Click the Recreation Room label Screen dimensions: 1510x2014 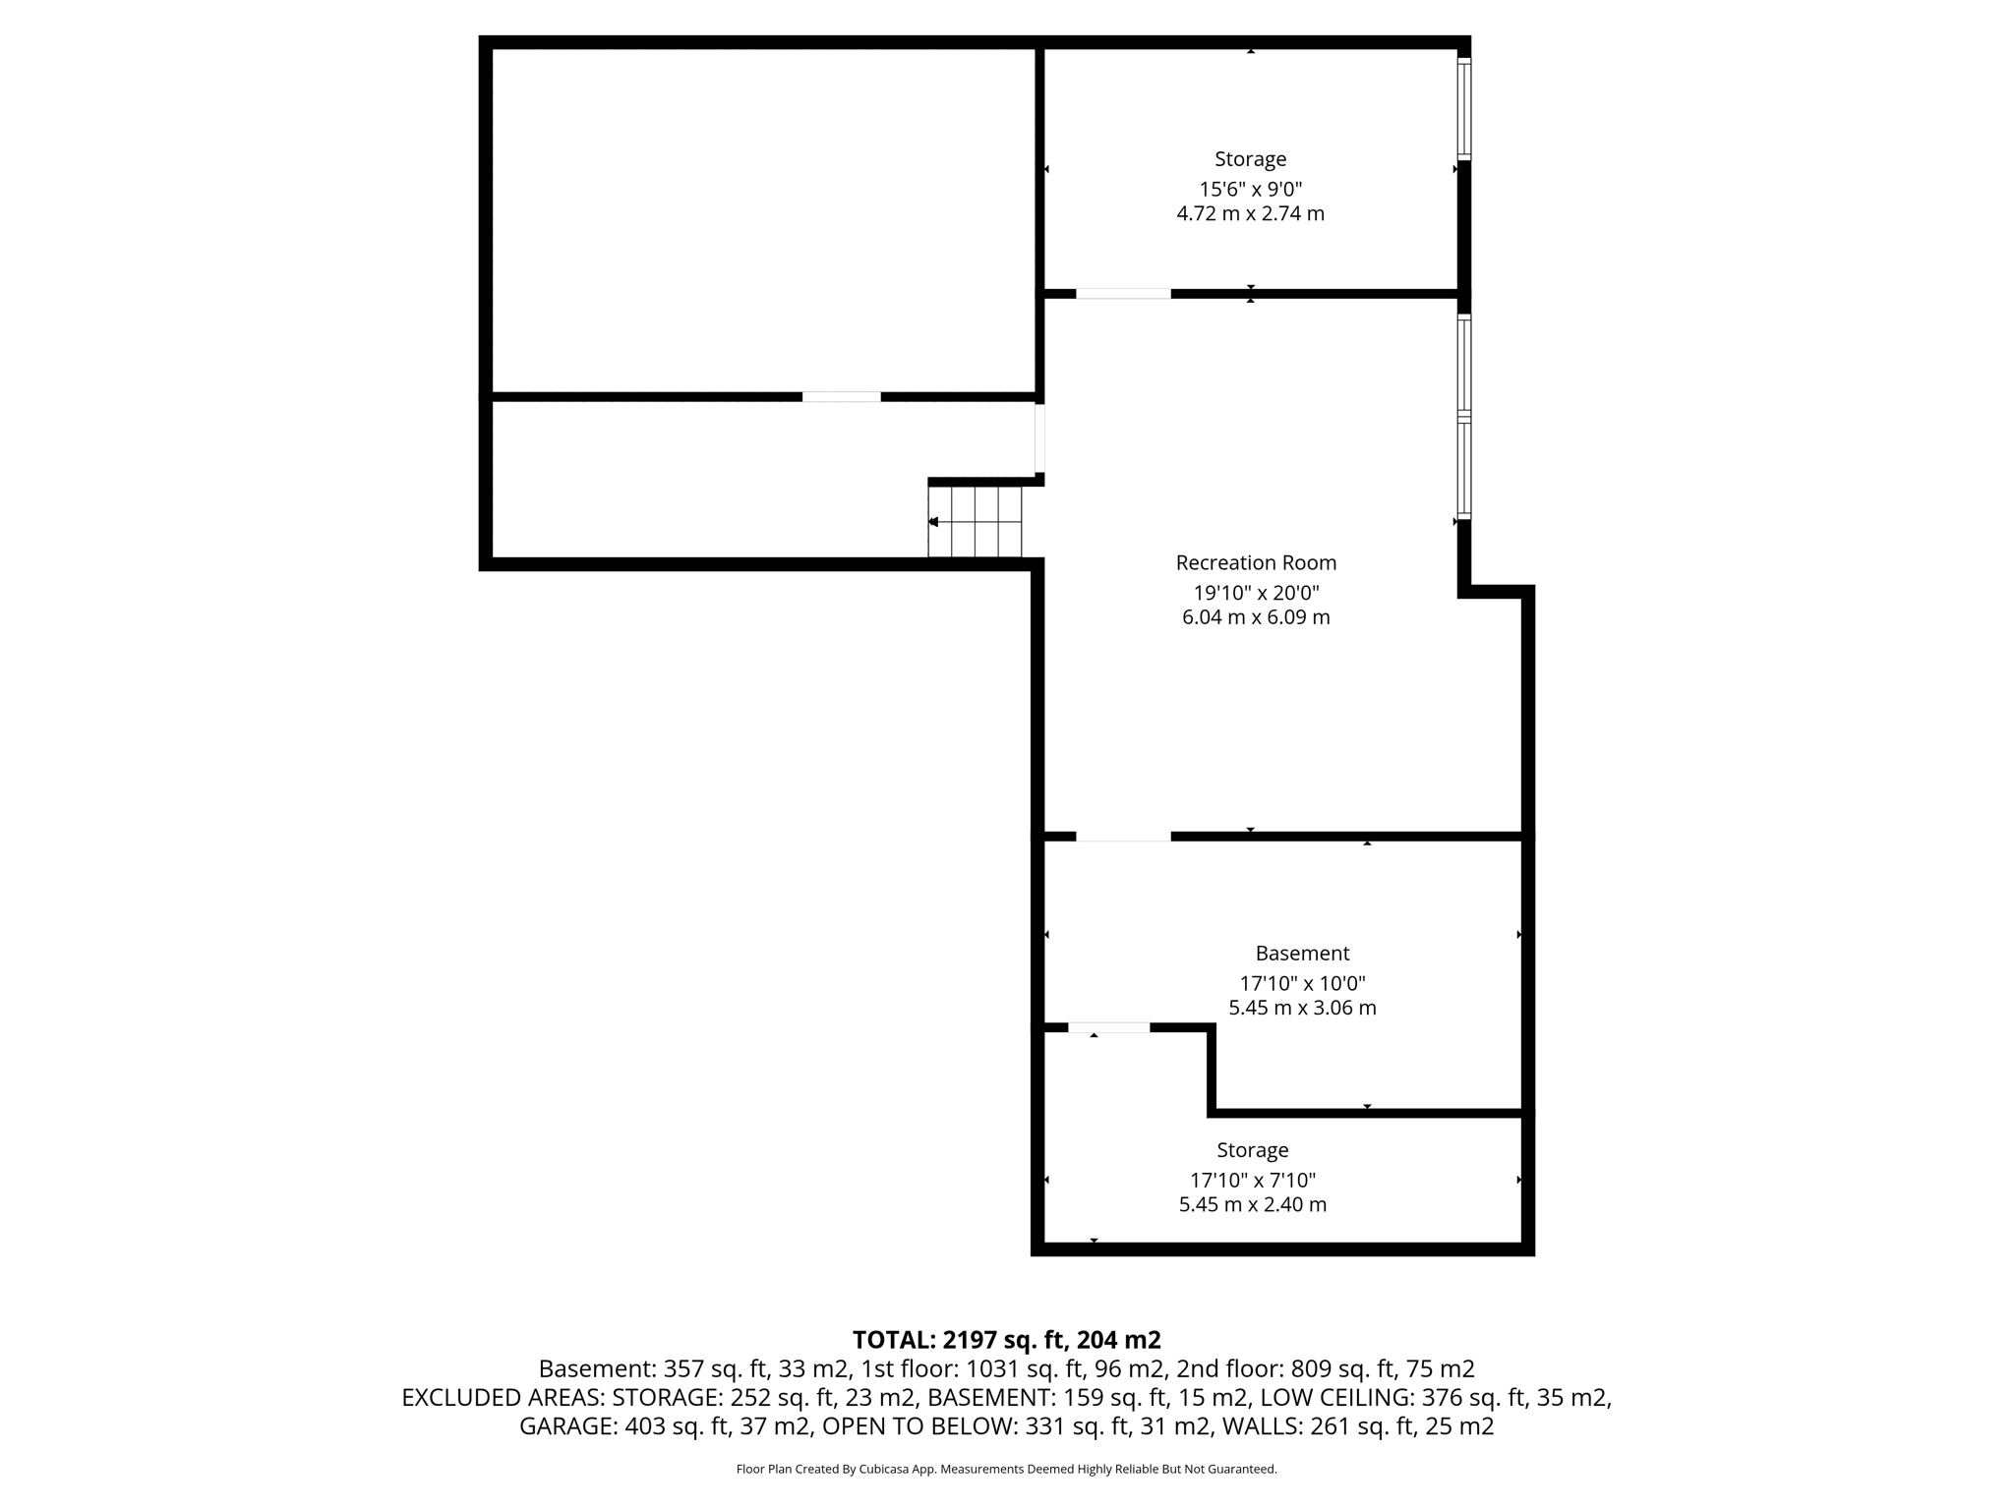click(x=1256, y=563)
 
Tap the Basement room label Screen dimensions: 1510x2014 click(x=1302, y=954)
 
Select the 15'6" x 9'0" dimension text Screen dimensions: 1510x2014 click(x=1250, y=189)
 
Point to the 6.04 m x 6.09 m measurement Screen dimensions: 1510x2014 click(x=1256, y=617)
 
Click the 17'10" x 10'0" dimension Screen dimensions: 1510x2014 click(x=1302, y=983)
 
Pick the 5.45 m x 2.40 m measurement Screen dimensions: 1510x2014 click(x=1252, y=1204)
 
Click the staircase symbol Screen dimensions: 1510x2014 click(x=976, y=522)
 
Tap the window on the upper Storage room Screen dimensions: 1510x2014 click(x=1463, y=109)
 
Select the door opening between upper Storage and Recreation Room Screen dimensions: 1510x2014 click(x=1123, y=294)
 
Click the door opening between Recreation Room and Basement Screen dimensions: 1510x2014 click(x=1123, y=837)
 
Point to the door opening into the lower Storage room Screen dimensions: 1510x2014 click(x=1108, y=1027)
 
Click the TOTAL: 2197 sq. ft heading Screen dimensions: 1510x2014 click(x=1006, y=1340)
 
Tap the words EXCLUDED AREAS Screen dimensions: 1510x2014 click(x=503, y=1398)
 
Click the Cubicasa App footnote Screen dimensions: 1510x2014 click(x=1006, y=1470)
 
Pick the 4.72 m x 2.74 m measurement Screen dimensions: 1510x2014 click(x=1250, y=213)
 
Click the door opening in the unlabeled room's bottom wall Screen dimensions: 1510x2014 click(x=841, y=397)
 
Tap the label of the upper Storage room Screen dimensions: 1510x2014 click(x=1250, y=159)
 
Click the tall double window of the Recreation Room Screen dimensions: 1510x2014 click(x=1463, y=417)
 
